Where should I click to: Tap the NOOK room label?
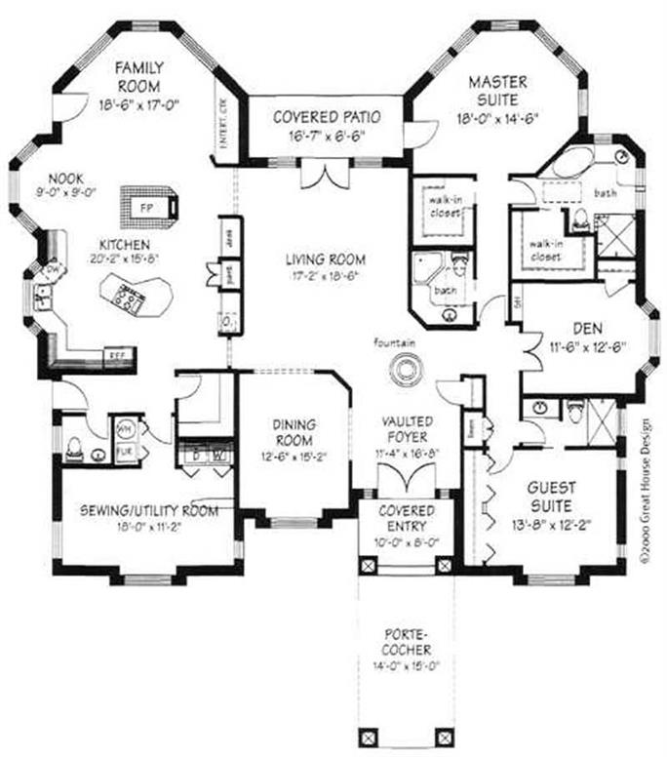(68, 179)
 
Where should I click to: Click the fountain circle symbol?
(403, 369)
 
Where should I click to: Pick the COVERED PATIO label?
(325, 117)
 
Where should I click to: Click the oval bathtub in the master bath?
(565, 163)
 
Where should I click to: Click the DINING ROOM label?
(293, 431)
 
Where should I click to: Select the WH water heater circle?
(125, 427)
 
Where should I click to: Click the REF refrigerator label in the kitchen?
(116, 354)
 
